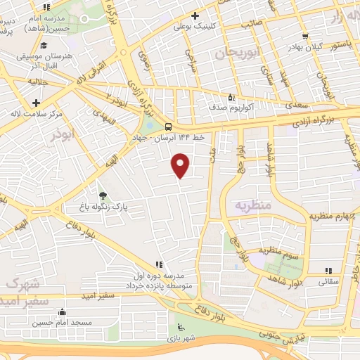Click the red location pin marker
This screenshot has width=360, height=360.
(181, 165)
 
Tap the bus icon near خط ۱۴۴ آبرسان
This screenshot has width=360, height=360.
(167, 127)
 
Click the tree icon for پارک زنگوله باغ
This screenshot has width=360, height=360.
(103, 195)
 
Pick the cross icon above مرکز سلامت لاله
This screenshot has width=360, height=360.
(35, 103)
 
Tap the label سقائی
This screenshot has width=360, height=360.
(329, 281)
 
